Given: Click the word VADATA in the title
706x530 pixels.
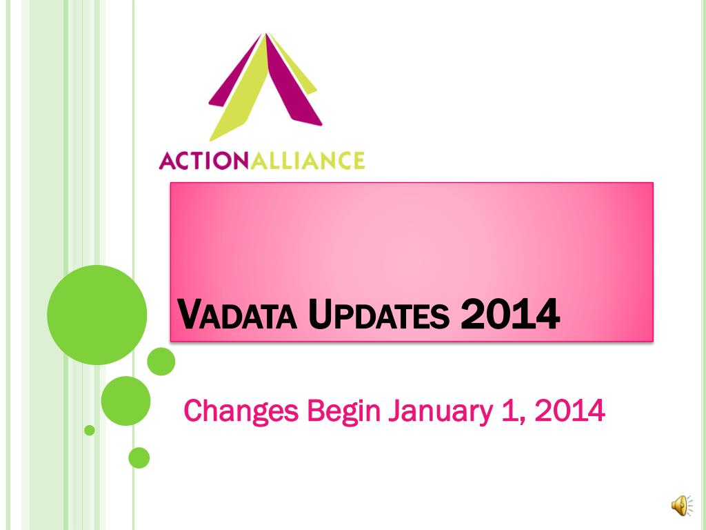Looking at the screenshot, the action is point(237,315).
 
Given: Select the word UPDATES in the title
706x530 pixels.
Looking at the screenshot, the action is point(379,315).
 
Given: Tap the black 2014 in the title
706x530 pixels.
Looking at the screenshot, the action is point(511,314).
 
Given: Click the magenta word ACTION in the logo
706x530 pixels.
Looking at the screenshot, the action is point(204,161).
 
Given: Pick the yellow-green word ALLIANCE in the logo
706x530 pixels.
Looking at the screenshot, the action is point(307,161).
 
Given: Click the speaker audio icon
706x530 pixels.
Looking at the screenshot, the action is point(682,505).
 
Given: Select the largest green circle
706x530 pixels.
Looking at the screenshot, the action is point(97,315).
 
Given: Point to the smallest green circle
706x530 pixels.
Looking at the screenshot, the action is point(90,431).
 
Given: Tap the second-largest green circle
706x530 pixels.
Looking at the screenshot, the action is point(125,401).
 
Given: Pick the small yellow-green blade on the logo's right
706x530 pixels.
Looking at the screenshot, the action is point(295,66).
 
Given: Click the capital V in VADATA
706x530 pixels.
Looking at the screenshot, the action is point(188,314).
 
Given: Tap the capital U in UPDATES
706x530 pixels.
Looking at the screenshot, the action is point(319,314).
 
